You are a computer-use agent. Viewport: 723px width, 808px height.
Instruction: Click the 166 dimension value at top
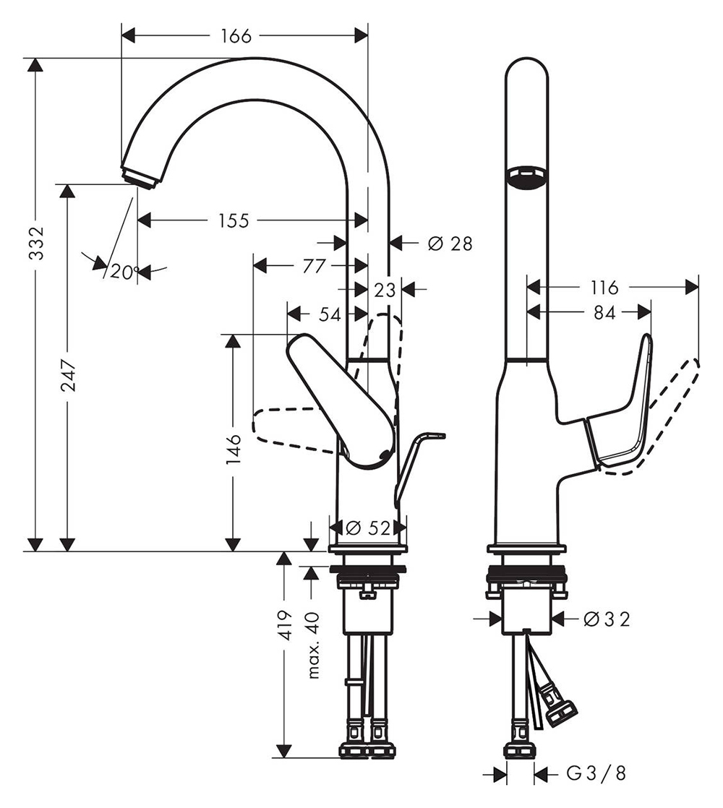point(236,36)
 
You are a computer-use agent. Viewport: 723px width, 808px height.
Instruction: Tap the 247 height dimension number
point(68,376)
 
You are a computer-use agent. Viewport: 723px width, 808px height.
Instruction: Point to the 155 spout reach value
point(234,220)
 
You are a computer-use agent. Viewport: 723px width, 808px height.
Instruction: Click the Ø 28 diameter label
point(450,244)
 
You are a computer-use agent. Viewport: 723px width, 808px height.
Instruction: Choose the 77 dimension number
point(314,266)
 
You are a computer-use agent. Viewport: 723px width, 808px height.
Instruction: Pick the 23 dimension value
point(385,290)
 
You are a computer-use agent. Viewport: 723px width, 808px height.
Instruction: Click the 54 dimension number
point(330,314)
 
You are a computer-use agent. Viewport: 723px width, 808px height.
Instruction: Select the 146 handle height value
point(234,448)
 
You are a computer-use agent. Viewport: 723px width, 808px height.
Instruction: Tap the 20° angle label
point(124,272)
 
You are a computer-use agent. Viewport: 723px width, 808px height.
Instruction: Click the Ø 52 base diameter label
point(368,528)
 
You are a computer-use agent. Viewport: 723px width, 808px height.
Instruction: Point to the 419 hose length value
point(285,625)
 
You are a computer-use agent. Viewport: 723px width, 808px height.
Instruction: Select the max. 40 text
point(313,645)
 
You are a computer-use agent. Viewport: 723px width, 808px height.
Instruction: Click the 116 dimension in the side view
point(604,287)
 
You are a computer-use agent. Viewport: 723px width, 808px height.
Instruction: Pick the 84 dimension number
point(604,312)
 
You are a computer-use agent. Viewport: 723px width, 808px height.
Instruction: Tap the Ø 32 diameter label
point(607,619)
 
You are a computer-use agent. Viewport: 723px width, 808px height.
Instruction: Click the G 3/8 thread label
point(596,773)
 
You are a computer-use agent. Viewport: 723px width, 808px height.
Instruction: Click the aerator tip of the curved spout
point(140,176)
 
